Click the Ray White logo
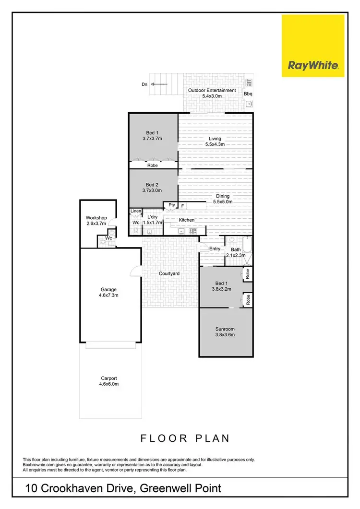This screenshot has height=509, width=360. click(313, 46)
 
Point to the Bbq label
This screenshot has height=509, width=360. click(248, 94)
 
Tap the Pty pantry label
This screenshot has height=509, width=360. click(172, 205)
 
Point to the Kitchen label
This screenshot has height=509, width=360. click(187, 220)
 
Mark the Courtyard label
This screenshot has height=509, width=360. click(169, 273)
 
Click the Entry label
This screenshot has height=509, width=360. click(215, 249)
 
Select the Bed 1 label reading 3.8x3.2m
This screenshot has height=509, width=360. click(222, 286)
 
